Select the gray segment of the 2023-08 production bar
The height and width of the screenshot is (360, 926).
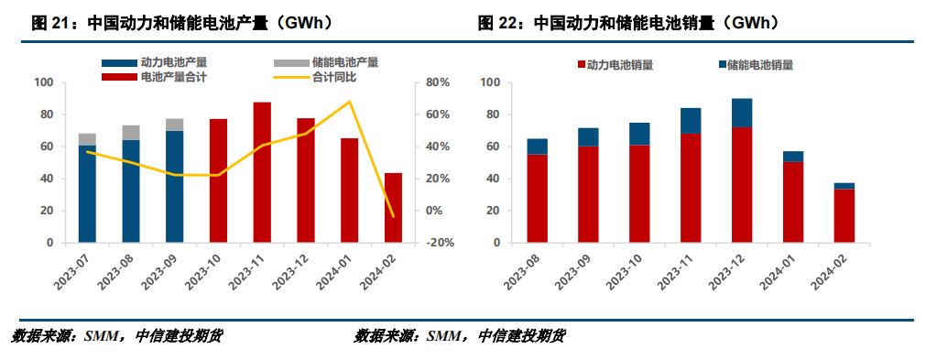tap(131, 133)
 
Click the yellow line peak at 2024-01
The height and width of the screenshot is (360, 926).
tap(349, 102)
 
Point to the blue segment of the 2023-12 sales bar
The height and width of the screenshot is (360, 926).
tap(742, 113)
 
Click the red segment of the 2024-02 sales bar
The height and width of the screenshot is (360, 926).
tap(844, 216)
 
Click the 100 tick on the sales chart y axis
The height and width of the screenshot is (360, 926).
tap(490, 82)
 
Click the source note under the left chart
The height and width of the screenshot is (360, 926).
tap(116, 336)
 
